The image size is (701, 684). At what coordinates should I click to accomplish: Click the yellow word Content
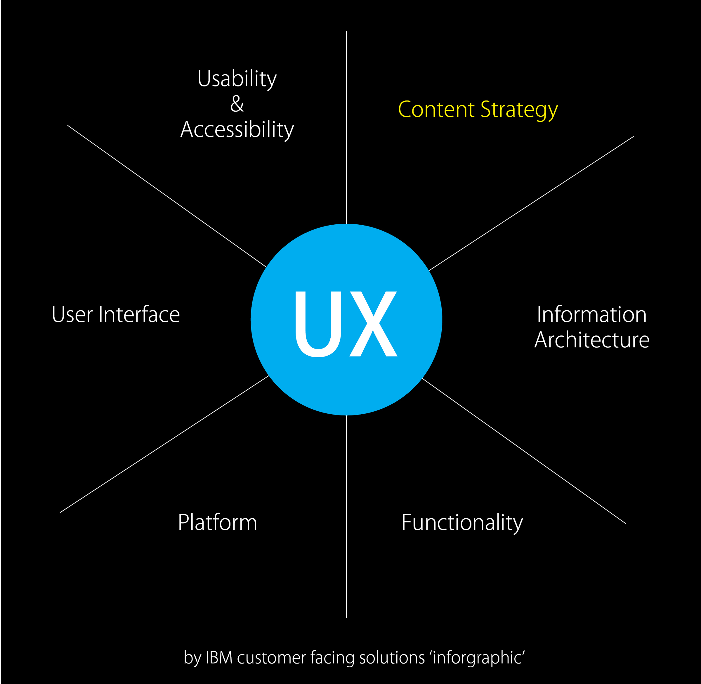point(436,109)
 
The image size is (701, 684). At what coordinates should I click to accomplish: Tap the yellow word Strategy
point(519,110)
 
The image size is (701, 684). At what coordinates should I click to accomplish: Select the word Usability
point(237,79)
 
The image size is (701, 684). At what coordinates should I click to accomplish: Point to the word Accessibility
point(237,130)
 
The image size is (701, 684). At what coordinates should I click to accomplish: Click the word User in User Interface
point(72,315)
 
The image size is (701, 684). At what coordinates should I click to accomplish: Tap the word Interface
point(139,315)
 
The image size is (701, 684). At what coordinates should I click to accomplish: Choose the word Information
point(591,315)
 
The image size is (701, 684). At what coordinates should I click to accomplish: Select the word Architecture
point(591,340)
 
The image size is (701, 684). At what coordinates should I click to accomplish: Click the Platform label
point(218,522)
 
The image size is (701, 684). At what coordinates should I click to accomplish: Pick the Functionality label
point(462,523)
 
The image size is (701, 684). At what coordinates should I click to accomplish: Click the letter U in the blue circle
point(318,324)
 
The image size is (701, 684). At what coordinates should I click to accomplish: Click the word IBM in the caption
point(219,658)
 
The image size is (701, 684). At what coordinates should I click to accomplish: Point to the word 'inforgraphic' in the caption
point(477,658)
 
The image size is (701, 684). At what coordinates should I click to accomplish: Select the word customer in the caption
point(271,658)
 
